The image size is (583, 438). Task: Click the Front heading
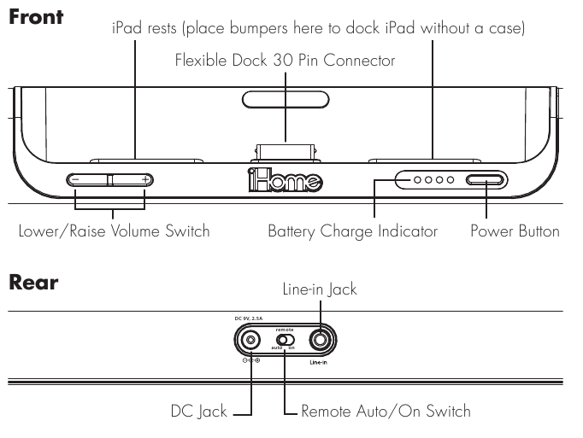(x=36, y=17)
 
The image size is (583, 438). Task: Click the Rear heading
(x=33, y=283)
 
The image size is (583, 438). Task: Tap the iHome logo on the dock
(x=286, y=180)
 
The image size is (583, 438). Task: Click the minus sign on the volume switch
(x=75, y=180)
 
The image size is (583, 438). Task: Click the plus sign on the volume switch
(x=145, y=180)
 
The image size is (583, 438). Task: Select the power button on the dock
(x=486, y=180)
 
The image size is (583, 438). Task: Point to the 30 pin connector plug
(x=286, y=152)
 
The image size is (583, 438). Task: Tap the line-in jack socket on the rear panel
(x=320, y=340)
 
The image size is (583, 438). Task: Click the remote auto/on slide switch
(x=286, y=340)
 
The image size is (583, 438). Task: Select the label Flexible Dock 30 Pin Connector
(x=285, y=60)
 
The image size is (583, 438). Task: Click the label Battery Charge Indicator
(x=352, y=231)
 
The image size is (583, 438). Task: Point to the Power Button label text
(x=515, y=231)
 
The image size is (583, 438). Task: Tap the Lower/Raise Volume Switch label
(x=115, y=231)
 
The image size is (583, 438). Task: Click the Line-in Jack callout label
(x=320, y=289)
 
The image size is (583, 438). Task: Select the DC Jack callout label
(x=198, y=412)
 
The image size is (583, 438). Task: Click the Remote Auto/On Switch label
(x=386, y=412)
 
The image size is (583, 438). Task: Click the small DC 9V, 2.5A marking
(x=249, y=318)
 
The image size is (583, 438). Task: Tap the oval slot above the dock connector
(x=286, y=100)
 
